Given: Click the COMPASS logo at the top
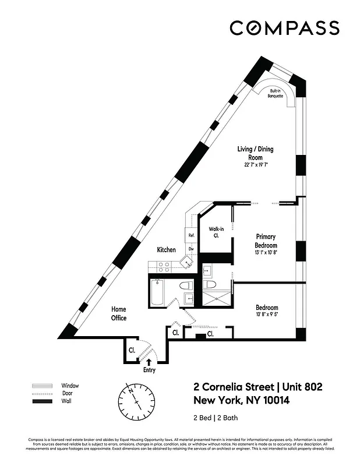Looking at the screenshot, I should (284, 28).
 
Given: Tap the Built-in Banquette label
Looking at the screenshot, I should (275, 93).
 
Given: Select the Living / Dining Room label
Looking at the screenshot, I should (255, 153).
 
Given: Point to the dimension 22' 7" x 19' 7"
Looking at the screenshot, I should (255, 165).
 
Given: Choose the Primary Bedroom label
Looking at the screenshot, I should (266, 241).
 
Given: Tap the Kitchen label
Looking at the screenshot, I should (166, 250).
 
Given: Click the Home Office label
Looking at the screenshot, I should (119, 313).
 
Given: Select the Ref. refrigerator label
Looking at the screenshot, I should (190, 235).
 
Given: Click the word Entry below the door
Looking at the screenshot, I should (150, 369).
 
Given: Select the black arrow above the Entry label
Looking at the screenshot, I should (149, 362).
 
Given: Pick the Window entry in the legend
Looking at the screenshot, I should (70, 386).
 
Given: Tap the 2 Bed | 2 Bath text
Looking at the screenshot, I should (215, 418).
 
